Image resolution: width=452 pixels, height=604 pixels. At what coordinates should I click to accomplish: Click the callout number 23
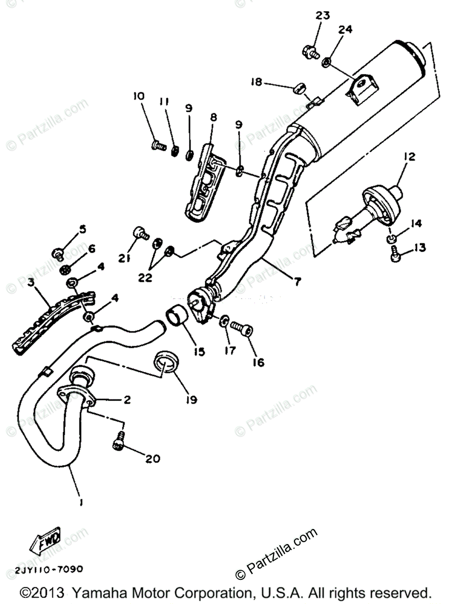pos(323,16)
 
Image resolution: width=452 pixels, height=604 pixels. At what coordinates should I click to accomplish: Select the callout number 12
pos(409,157)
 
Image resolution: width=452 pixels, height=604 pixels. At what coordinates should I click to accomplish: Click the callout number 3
pos(31,283)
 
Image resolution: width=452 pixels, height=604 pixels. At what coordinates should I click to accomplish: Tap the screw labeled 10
pos(158,146)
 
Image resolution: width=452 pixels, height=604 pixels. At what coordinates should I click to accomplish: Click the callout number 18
pos(257,82)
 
